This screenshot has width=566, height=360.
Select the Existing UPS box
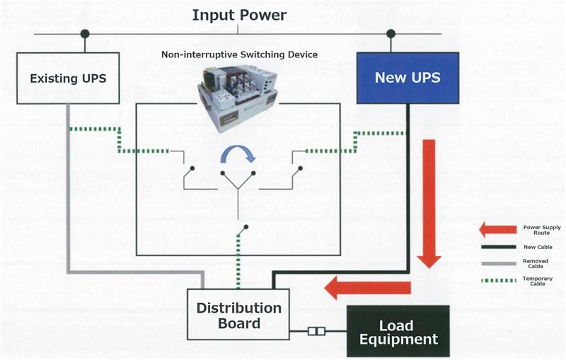68,78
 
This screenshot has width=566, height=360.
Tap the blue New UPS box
408,77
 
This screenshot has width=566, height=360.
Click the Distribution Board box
238,315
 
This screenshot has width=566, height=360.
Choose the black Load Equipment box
398,332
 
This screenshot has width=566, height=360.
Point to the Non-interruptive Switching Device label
239,54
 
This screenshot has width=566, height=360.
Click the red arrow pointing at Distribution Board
367,287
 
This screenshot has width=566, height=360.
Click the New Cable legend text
536,246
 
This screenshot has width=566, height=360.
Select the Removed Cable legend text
536,264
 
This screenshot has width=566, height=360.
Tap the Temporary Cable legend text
536,281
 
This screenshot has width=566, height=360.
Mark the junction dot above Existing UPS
85,33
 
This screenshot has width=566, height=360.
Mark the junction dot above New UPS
390,33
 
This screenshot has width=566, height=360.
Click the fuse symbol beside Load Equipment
317,331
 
